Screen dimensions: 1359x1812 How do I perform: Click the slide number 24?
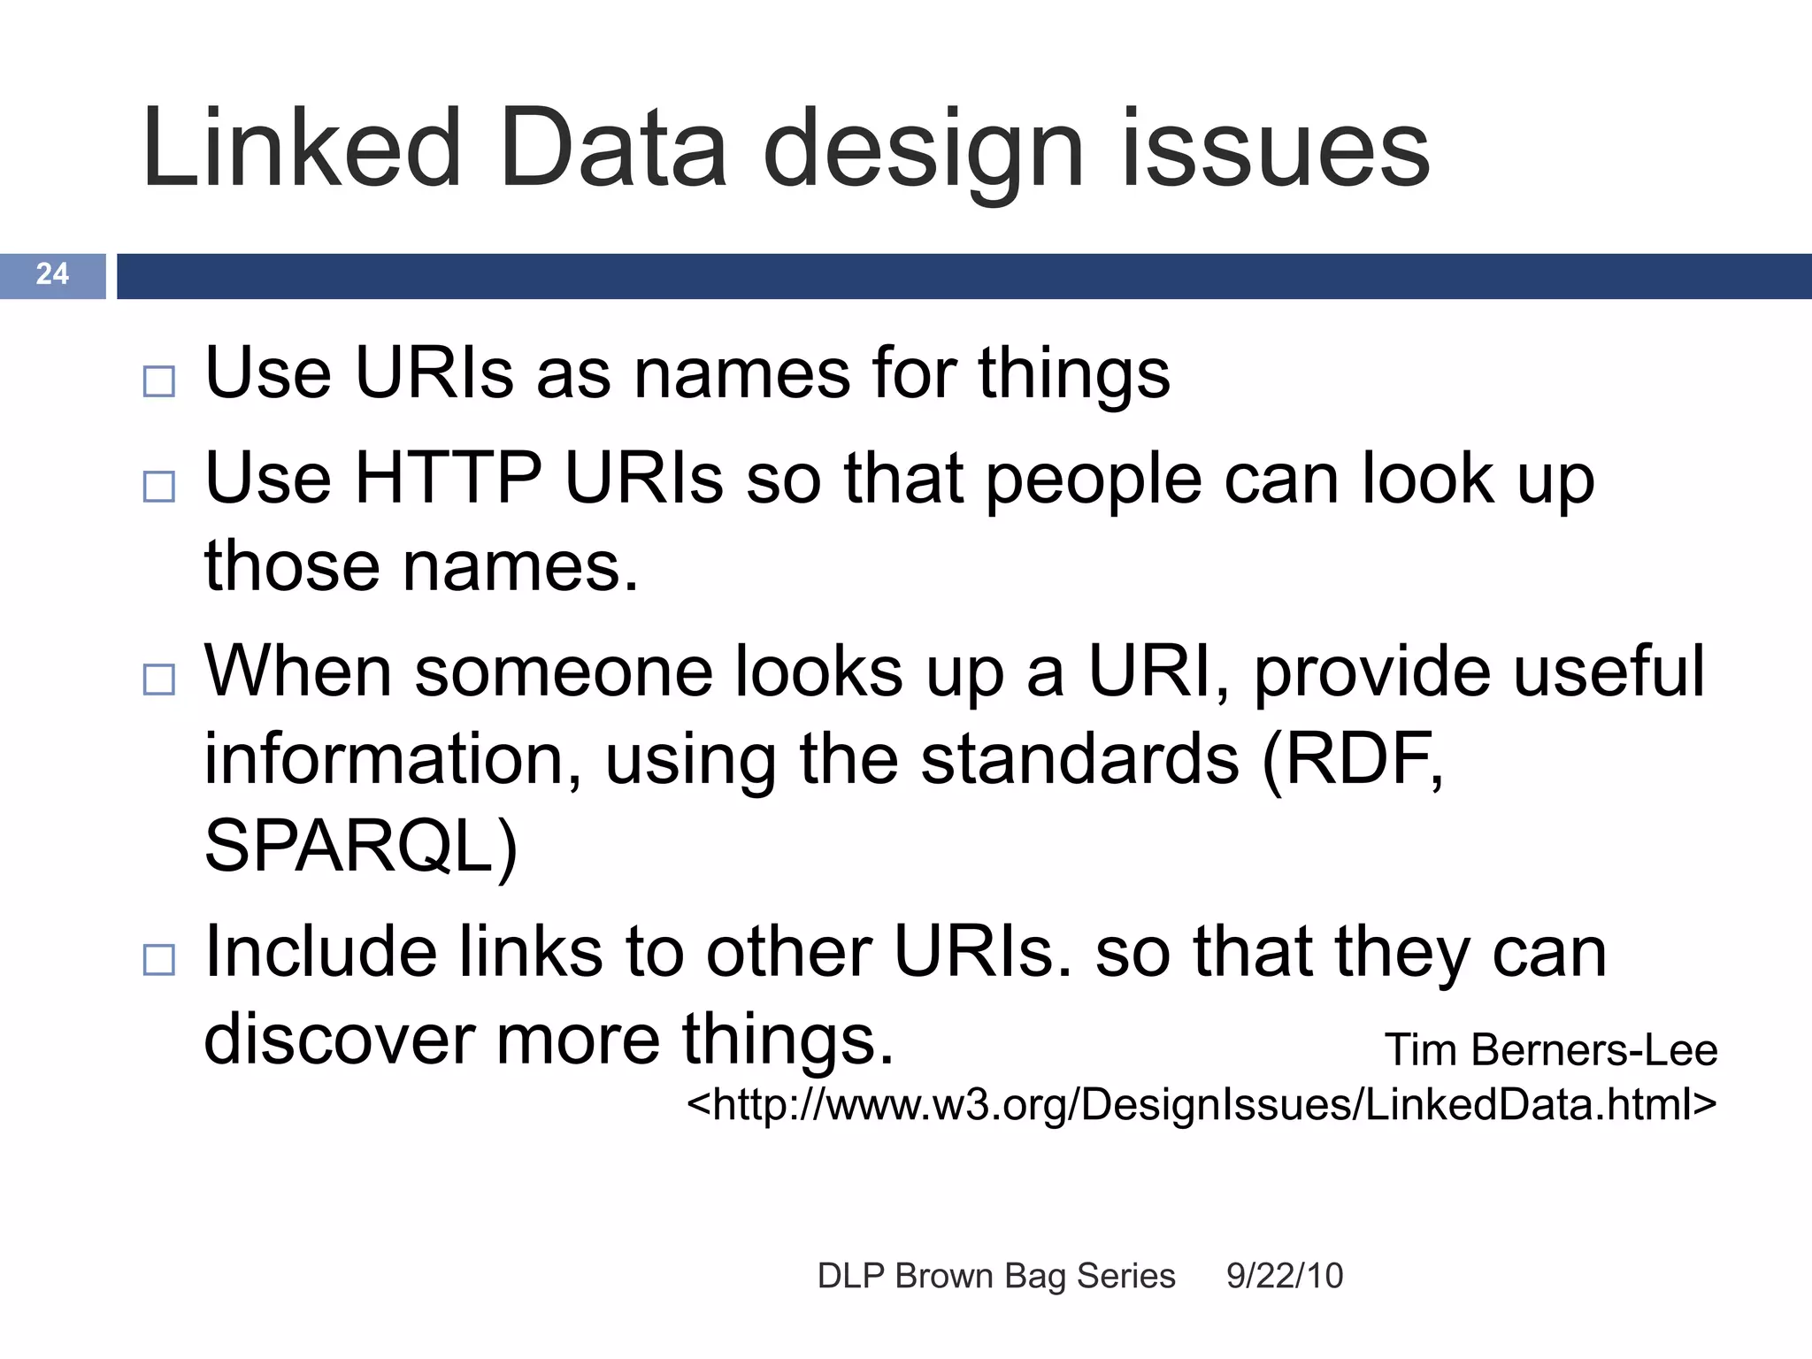[52, 274]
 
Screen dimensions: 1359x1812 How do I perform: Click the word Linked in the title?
[301, 149]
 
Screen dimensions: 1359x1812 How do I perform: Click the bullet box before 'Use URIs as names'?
[159, 381]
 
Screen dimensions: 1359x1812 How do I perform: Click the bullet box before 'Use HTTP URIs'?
[159, 487]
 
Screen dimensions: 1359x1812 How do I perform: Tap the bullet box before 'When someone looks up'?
[159, 679]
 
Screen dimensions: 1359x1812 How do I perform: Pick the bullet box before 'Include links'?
[159, 959]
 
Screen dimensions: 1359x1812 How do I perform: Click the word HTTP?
[448, 479]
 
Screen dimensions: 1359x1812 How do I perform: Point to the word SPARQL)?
[360, 846]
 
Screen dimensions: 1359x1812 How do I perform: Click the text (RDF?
[1352, 759]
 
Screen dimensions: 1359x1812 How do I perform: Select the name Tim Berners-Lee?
[1550, 1050]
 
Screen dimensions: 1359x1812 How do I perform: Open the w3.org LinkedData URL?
[1201, 1104]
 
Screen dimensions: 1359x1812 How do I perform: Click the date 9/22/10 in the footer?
[1284, 1276]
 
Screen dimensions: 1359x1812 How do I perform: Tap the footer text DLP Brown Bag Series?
[996, 1276]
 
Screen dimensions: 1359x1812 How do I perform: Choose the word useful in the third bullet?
[1608, 671]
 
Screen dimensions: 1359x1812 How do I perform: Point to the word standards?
[1079, 759]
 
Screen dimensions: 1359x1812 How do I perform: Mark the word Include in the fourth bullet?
[320, 952]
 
